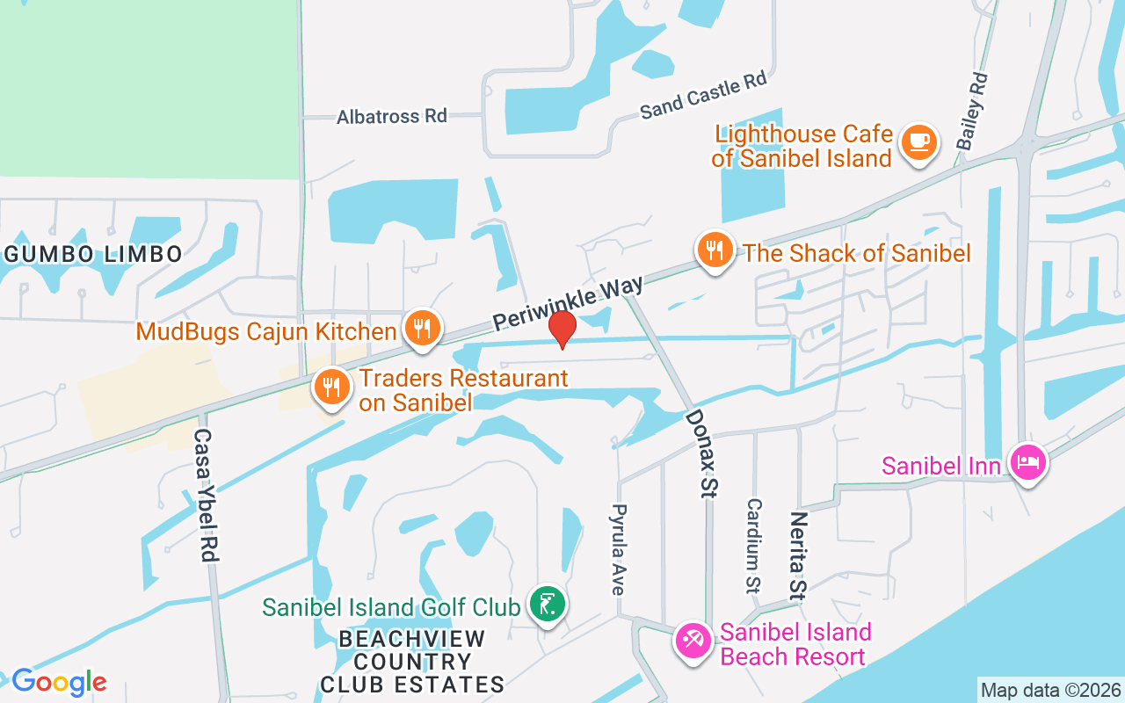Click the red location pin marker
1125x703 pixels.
[x=562, y=330]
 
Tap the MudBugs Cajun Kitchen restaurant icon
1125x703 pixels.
[x=423, y=330]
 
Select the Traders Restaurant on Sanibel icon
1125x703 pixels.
[x=331, y=387]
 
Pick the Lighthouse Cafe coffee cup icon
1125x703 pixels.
[x=919, y=142]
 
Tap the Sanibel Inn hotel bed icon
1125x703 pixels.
[x=1027, y=462]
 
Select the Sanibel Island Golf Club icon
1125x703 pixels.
[x=548, y=605]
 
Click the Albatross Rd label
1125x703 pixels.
[x=392, y=116]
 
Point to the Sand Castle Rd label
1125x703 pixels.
[x=703, y=96]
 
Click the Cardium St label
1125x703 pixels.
[x=754, y=545]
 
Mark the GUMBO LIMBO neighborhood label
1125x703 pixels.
[x=93, y=255]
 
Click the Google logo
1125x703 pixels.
[x=59, y=682]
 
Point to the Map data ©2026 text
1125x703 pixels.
[x=1051, y=690]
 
